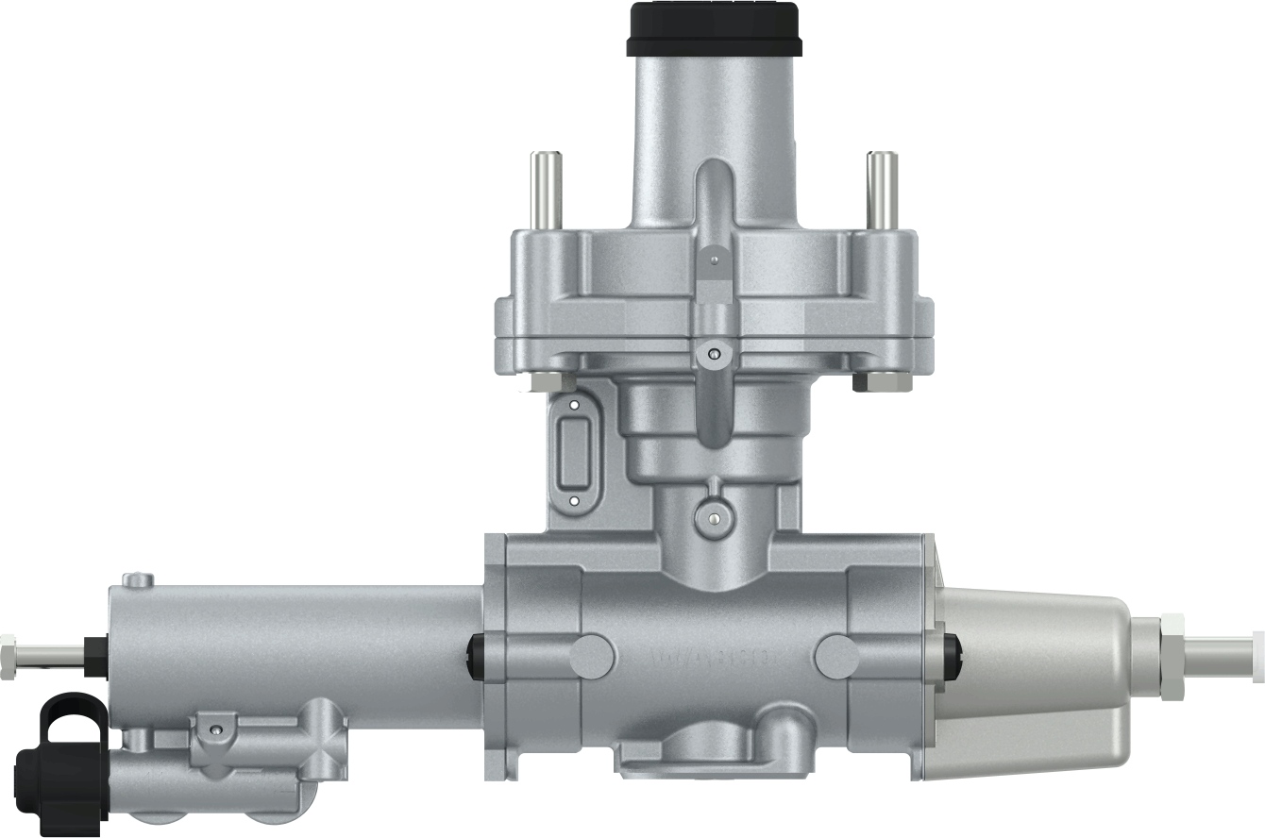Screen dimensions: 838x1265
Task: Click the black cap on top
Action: tap(713, 28)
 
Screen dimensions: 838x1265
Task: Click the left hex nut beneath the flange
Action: tap(548, 382)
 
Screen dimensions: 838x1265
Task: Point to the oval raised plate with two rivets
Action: tap(574, 452)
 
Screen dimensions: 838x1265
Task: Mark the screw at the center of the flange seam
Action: tap(715, 354)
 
